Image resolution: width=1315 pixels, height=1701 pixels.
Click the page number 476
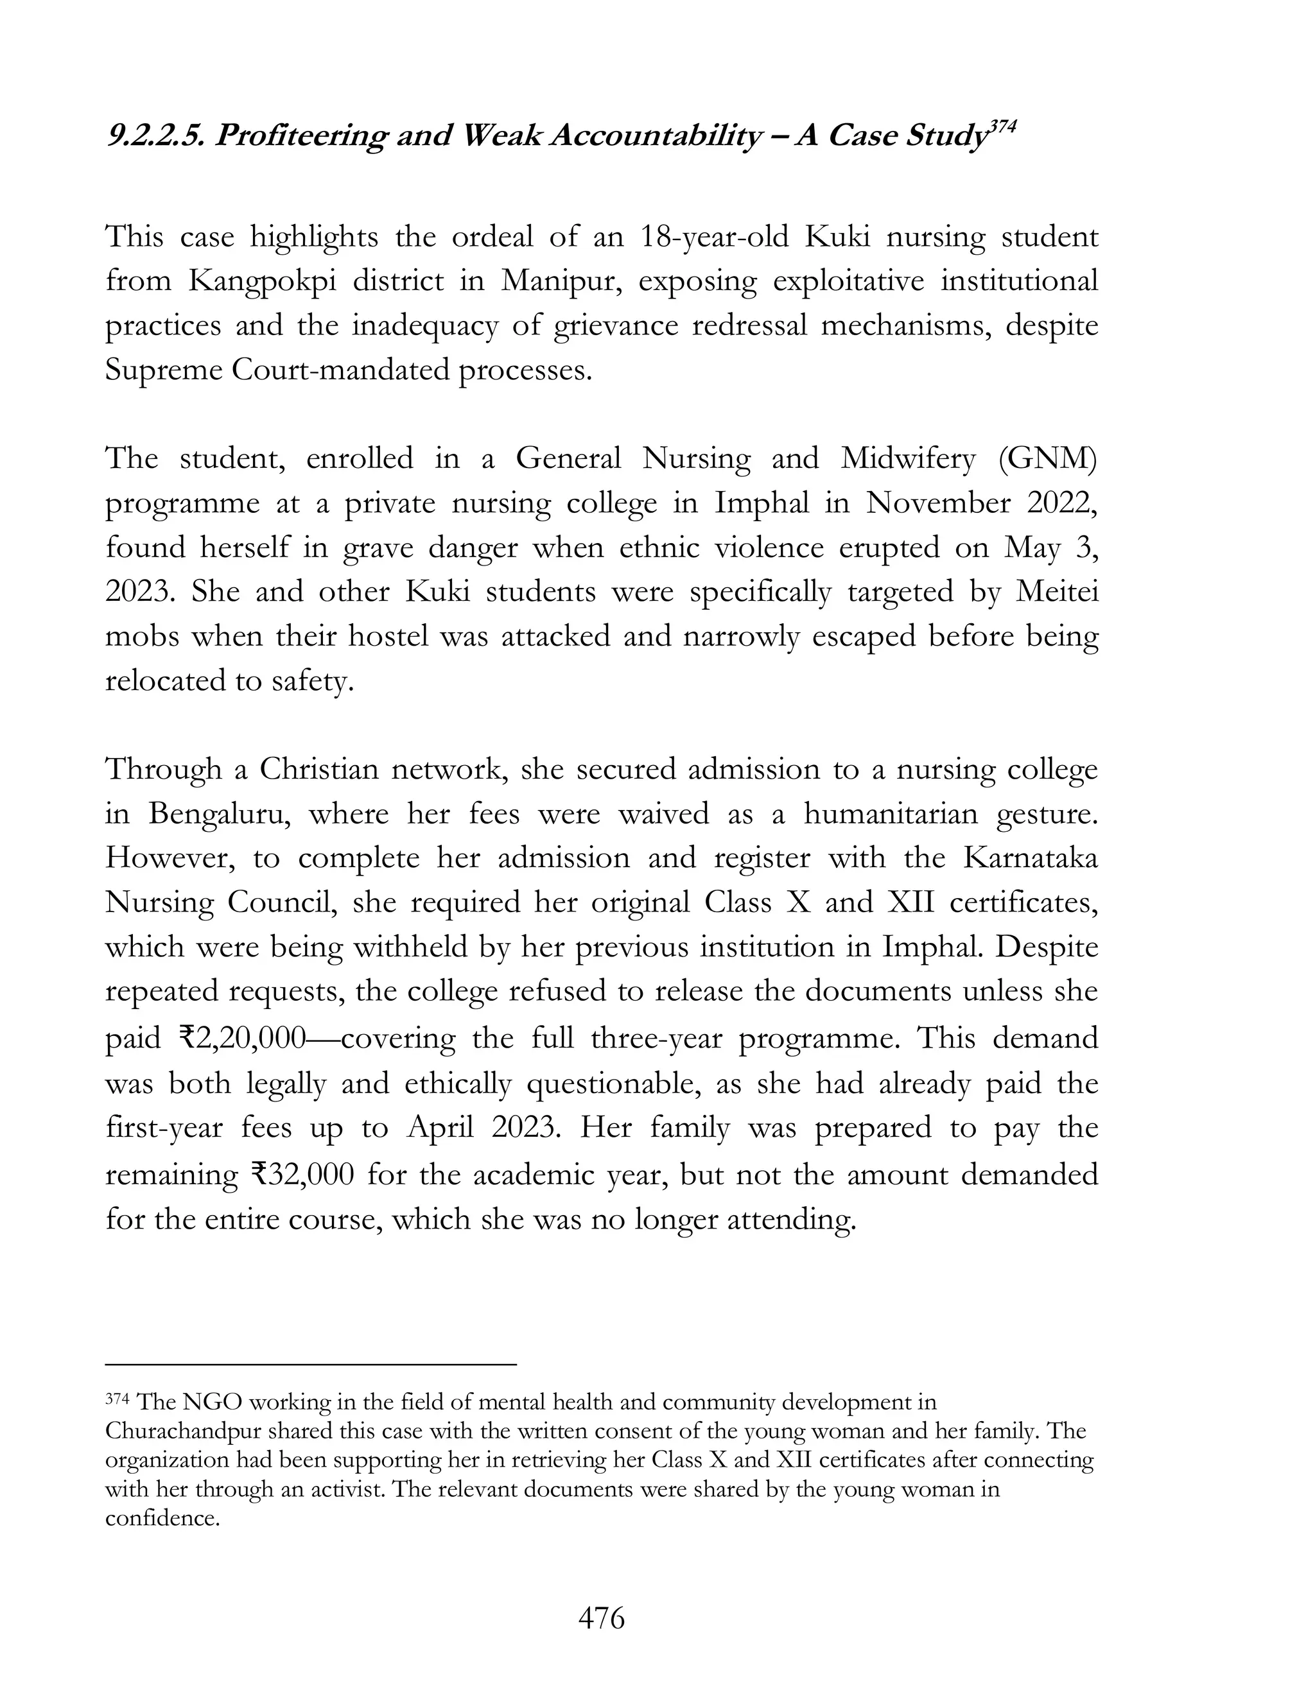(x=602, y=1618)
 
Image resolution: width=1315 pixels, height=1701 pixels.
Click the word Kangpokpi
(x=263, y=281)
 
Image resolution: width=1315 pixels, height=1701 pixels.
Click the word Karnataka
(x=1030, y=858)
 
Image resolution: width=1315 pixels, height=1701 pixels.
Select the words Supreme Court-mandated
(x=277, y=370)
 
